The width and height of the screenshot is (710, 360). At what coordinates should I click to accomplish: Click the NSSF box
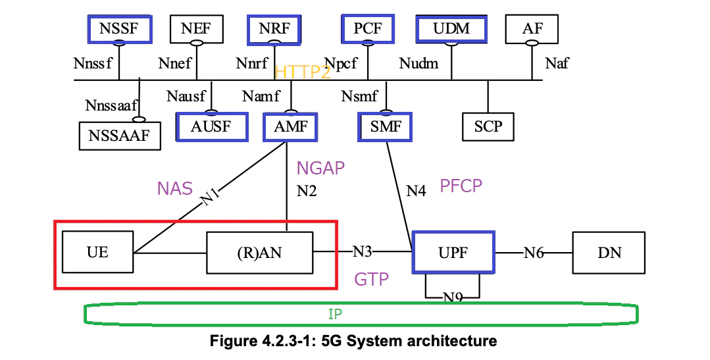119,29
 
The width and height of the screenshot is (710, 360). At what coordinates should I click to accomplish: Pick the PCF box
367,29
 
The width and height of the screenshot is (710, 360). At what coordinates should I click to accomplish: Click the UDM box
451,29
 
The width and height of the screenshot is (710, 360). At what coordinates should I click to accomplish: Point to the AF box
532,29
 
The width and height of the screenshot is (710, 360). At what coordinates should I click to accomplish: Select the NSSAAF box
119,136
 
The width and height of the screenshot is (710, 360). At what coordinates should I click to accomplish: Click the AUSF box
212,126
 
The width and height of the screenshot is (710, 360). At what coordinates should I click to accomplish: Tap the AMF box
290,126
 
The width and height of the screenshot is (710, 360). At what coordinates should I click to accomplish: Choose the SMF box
386,126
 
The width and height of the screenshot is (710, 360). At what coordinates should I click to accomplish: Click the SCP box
488,126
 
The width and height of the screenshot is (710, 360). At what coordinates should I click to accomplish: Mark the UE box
97,252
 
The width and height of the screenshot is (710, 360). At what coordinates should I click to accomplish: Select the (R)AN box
259,252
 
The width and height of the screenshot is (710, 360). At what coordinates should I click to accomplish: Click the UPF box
453,252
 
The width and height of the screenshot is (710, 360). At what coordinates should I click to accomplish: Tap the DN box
609,252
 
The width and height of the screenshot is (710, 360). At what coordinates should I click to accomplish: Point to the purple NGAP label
320,168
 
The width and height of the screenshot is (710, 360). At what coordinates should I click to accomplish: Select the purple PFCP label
461,186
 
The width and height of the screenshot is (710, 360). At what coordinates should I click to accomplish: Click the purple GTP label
371,279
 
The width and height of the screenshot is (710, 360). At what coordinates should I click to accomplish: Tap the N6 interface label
534,251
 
